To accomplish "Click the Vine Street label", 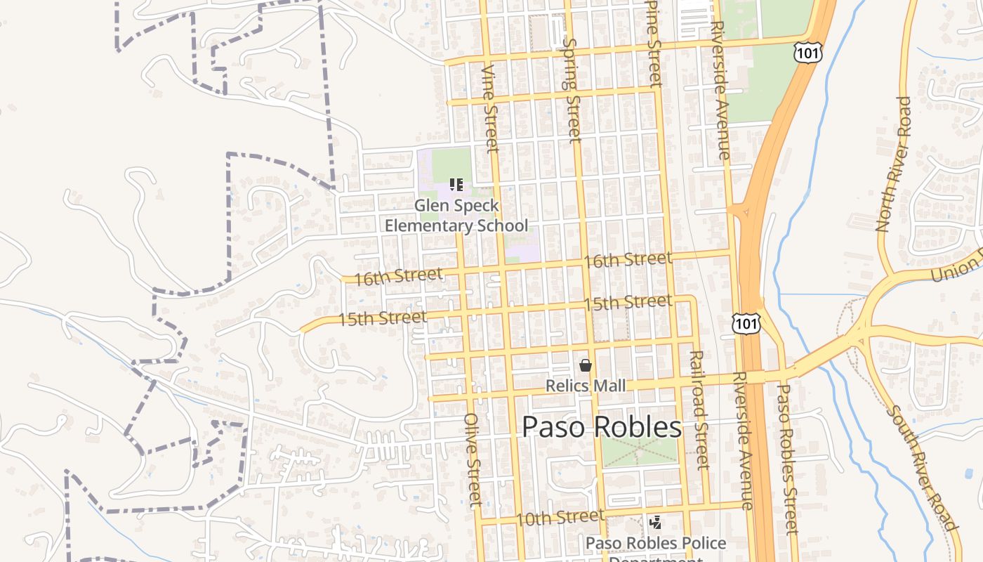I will [x=490, y=108].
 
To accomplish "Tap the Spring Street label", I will [x=572, y=89].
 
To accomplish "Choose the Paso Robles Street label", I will [x=788, y=458].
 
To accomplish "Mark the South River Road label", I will [x=922, y=468].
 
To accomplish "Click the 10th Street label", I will [x=560, y=518].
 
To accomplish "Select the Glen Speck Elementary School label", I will [x=456, y=216].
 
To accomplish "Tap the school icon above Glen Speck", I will [x=456, y=185].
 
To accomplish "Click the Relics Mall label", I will [x=586, y=386].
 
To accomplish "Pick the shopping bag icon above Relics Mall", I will [x=586, y=365].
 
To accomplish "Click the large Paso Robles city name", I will [x=602, y=427].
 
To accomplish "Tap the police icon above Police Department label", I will [x=656, y=523].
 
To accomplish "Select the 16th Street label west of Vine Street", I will [x=398, y=276].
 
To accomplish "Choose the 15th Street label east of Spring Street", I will [x=628, y=303].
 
